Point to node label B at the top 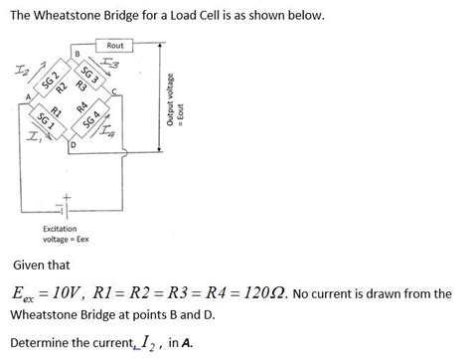click(x=77, y=52)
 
